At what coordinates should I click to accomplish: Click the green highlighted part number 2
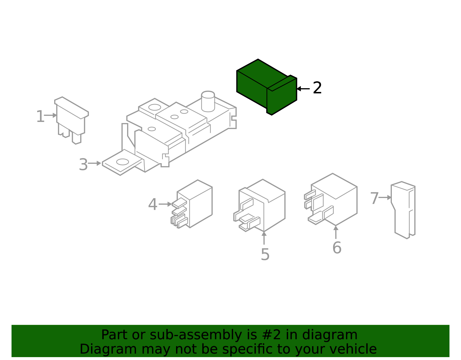pos(267,87)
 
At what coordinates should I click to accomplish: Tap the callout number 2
pos(317,88)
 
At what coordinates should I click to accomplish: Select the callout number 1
pos(40,116)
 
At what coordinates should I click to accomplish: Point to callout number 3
pos(83,164)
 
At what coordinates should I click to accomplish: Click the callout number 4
pos(152,204)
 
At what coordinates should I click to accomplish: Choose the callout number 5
pos(265,254)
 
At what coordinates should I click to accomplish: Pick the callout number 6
pos(337,247)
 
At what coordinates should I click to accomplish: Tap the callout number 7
pos(374,198)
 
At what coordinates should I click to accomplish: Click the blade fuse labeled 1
pos(71,120)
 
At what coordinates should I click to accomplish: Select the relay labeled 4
pos(192,204)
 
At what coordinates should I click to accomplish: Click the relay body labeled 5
pos(260,205)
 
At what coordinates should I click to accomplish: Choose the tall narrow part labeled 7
pos(403,210)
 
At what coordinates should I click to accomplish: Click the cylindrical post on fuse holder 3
pos(208,101)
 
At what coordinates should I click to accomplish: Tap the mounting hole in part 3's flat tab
pos(123,162)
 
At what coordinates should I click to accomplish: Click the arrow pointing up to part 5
pos(264,238)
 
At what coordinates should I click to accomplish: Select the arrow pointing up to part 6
pos(336,232)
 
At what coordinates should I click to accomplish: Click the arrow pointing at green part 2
pos(303,89)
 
